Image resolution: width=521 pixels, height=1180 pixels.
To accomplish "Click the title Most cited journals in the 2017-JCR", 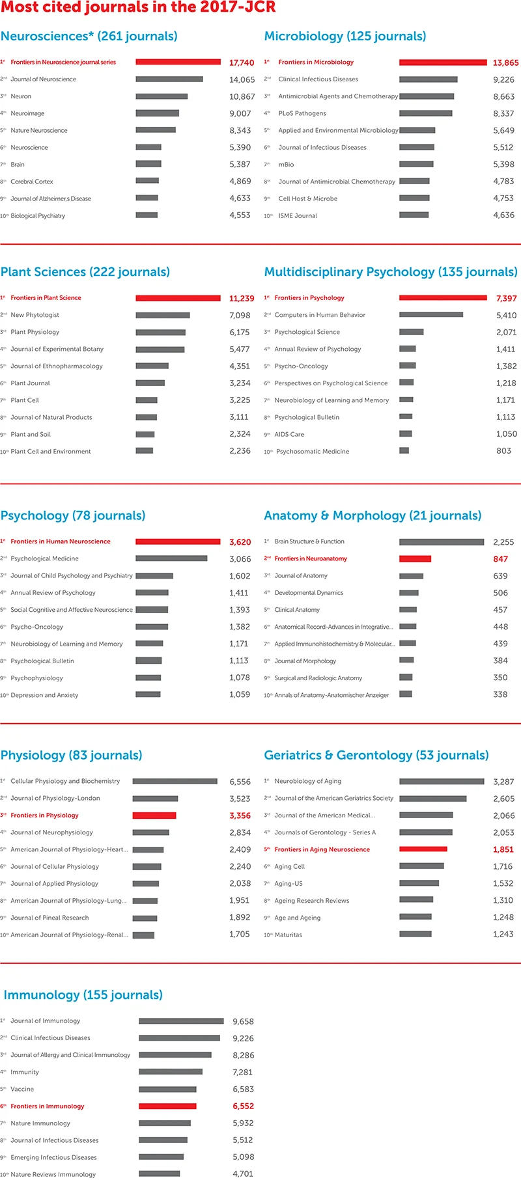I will point(138,8).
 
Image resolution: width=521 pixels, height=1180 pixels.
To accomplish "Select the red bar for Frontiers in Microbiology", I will point(443,62).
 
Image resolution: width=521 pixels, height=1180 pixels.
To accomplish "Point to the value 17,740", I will point(242,63).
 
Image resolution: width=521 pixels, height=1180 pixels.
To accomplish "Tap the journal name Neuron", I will point(21,96).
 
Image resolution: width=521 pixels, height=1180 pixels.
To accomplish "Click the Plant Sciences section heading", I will point(85,272).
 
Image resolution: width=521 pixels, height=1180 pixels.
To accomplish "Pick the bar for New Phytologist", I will point(163,316).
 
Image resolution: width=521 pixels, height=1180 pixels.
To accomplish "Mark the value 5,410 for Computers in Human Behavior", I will point(506,316).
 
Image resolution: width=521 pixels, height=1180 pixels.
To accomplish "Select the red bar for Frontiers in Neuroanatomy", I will point(415,559).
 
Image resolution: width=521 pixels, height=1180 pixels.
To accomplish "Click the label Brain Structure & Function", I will point(309,542).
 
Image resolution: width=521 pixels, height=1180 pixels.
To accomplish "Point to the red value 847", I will point(500,559).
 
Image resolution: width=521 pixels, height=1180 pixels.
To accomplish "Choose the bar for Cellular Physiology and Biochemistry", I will point(175,781).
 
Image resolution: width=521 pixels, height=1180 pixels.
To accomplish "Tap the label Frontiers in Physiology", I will point(44,816).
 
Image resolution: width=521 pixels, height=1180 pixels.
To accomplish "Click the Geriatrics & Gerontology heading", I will point(376,756).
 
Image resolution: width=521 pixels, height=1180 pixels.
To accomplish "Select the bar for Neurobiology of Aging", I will point(442,781).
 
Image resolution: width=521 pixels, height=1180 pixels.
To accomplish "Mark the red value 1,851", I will point(503,850).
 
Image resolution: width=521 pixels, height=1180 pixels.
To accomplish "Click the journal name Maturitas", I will point(288,935).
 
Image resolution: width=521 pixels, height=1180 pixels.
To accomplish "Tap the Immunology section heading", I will point(83,995).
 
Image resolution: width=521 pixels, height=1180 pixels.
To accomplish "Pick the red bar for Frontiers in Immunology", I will point(167,1106).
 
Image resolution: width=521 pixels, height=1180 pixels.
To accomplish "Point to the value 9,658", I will point(243,1022).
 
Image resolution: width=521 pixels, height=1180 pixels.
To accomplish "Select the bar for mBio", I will point(416,165).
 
